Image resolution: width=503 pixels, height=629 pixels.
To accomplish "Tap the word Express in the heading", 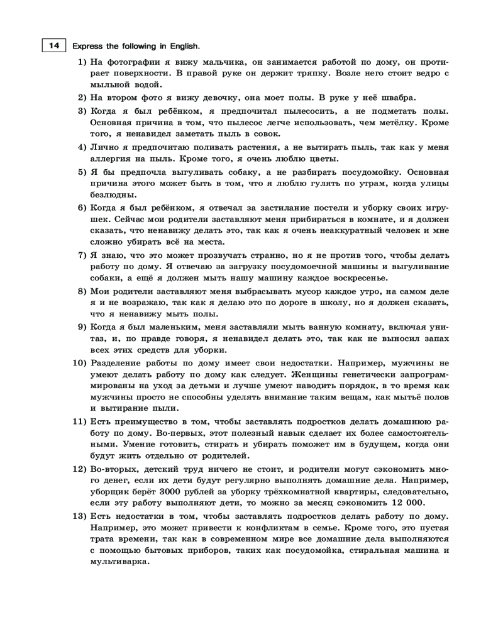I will click(x=88, y=46).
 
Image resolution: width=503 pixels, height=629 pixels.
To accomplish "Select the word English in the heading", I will click(x=182, y=46).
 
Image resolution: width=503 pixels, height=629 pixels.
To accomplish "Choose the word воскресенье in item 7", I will click(x=360, y=278).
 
